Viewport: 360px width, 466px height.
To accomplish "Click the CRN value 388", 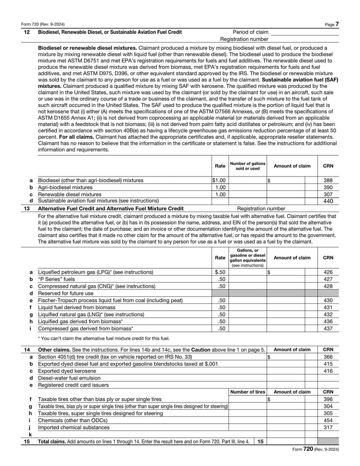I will point(328,180).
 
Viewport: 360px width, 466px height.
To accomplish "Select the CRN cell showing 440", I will point(328,201).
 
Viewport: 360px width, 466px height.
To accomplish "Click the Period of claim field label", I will point(250,32).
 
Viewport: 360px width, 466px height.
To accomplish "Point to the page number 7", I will point(337,24).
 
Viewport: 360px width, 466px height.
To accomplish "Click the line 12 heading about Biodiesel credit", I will point(110,32).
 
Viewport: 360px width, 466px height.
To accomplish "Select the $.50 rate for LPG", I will point(220,272).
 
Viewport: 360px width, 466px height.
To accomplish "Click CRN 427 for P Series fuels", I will point(328,279).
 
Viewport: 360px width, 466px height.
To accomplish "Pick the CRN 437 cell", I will point(328,328).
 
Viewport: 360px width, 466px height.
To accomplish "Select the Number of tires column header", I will point(247,392).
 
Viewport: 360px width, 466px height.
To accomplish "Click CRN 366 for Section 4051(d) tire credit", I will point(328,356).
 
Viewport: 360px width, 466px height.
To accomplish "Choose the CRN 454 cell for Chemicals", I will point(328,420).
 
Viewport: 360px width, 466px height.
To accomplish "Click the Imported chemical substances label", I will point(73,427).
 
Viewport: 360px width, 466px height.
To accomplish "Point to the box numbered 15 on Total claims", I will point(260,442).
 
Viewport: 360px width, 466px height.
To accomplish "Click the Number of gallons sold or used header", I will point(247,166).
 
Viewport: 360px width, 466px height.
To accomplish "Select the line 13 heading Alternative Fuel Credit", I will point(111,208).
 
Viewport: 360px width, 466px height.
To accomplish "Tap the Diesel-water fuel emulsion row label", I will point(69,378).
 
